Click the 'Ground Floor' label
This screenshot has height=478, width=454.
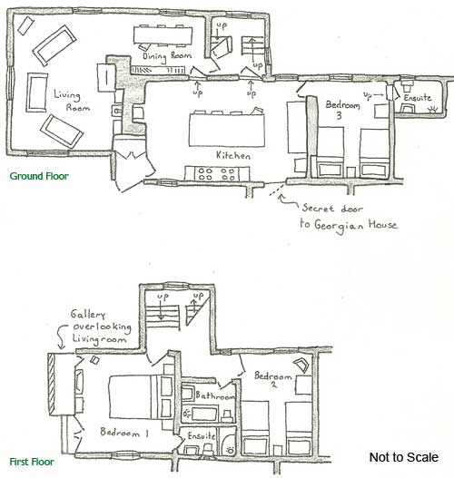click(39, 176)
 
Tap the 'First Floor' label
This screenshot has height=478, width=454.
click(32, 462)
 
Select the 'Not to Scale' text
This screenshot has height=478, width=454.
click(404, 457)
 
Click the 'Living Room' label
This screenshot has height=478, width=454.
click(72, 101)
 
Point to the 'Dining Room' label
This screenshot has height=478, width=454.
click(167, 56)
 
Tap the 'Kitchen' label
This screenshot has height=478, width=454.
click(233, 155)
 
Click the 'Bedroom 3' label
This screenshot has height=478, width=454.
click(342, 110)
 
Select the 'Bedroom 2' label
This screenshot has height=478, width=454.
click(273, 378)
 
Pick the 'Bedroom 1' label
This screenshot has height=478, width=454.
click(124, 433)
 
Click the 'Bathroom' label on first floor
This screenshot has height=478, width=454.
click(215, 395)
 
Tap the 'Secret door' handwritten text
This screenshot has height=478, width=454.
click(332, 209)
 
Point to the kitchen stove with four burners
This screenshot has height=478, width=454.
click(217, 174)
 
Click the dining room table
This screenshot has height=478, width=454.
click(163, 36)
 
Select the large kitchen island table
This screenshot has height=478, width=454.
click(227, 131)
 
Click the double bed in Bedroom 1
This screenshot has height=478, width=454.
click(141, 397)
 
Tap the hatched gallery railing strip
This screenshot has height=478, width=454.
click(51, 384)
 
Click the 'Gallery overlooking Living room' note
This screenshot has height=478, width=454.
click(101, 327)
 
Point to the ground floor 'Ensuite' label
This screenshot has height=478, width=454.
click(418, 98)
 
